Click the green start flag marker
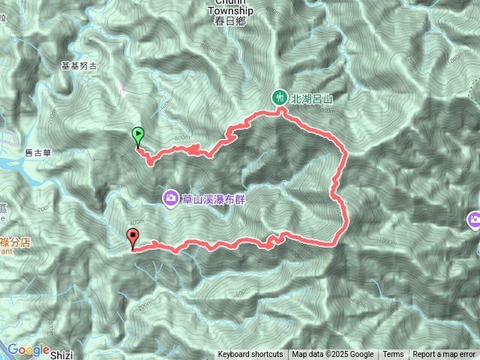[x=138, y=136]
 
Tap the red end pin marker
[x=134, y=239]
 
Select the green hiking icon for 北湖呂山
[x=279, y=96]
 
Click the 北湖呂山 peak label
[x=311, y=96]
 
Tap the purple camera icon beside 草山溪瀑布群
[x=171, y=198]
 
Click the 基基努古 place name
[x=79, y=66]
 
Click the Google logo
[x=28, y=349]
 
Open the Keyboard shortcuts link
[x=250, y=355]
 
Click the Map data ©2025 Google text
[x=332, y=355]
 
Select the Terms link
[x=393, y=355]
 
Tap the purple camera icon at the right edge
[x=474, y=220]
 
